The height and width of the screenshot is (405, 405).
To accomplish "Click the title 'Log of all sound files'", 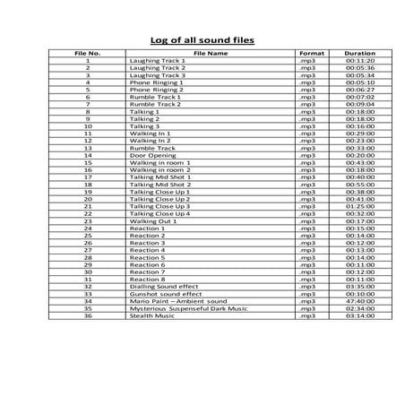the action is click(202, 40).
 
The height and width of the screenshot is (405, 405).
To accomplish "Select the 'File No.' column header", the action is click(88, 53).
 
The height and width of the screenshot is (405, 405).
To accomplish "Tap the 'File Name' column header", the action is click(211, 53).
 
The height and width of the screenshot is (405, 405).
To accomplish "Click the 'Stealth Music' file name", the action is click(151, 316).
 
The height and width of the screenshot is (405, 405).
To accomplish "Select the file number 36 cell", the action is click(88, 316).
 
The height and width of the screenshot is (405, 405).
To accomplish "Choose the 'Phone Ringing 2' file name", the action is click(156, 90).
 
